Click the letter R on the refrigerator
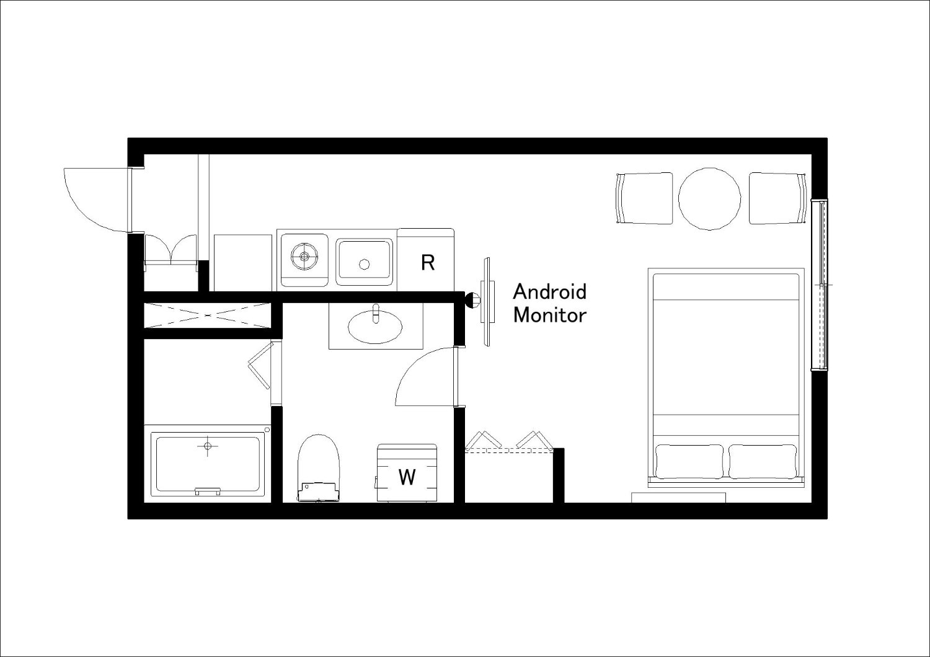(x=428, y=262)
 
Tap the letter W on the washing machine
(x=407, y=477)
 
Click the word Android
(x=550, y=292)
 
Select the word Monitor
(x=550, y=315)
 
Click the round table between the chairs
(x=709, y=199)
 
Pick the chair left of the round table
(x=644, y=198)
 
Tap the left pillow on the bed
(x=689, y=461)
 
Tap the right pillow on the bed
(x=763, y=461)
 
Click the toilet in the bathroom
(x=319, y=469)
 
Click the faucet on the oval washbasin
(x=376, y=313)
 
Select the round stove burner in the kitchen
(x=305, y=256)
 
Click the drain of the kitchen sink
(x=364, y=264)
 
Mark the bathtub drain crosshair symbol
(x=208, y=446)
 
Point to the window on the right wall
(x=820, y=285)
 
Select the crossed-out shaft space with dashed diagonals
(x=207, y=316)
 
